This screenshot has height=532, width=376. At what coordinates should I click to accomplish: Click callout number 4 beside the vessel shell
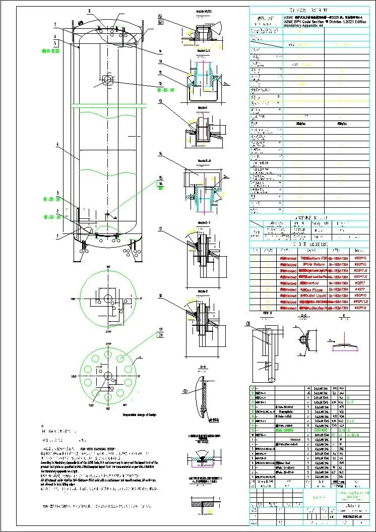(x=57, y=144)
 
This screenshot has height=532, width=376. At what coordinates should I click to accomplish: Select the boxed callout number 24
(x=161, y=335)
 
